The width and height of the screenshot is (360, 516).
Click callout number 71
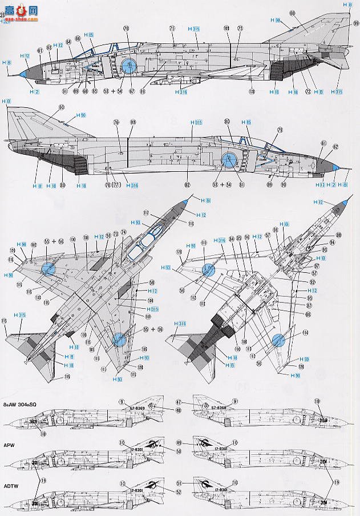tap(171, 27)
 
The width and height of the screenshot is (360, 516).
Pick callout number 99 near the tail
tap(355, 23)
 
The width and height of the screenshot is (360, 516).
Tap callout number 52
tap(163, 493)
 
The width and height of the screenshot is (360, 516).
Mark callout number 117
tap(146, 213)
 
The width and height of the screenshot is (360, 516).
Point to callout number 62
tap(335, 147)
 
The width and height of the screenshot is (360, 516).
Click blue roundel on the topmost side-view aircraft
tap(130, 67)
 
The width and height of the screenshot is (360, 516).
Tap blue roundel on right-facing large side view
tap(228, 161)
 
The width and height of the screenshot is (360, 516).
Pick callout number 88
tap(338, 235)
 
